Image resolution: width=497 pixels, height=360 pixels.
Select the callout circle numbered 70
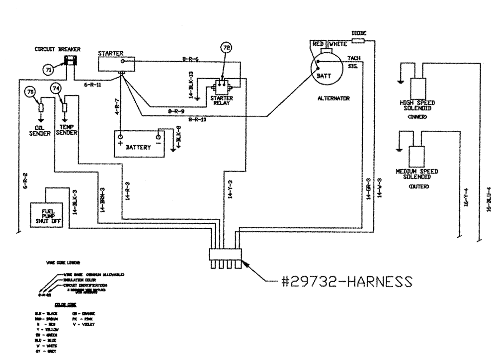30,92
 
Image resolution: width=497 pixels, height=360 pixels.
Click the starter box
117,63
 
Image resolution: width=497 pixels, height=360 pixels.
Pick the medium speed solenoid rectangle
416,157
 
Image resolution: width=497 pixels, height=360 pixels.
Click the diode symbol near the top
358,40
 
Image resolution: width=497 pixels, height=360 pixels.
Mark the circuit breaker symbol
72,62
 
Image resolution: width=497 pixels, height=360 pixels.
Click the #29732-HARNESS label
345,281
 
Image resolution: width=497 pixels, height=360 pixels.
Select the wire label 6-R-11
93,85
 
